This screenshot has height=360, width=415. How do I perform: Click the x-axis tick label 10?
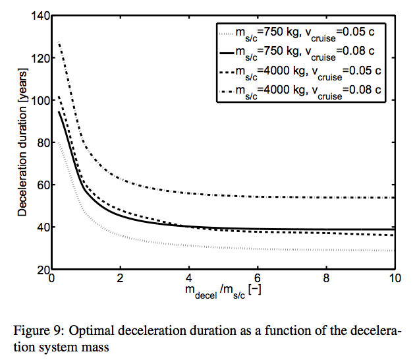(394, 280)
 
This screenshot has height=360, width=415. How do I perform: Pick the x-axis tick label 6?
(257, 280)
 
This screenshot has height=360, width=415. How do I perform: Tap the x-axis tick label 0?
(51, 280)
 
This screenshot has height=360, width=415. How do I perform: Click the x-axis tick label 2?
(120, 280)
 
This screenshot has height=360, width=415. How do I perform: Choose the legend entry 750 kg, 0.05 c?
(306, 32)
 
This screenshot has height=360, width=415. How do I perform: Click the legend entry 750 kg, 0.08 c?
(306, 51)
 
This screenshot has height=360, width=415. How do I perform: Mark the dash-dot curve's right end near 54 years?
(393, 198)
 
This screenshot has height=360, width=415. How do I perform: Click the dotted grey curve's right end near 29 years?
(393, 251)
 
